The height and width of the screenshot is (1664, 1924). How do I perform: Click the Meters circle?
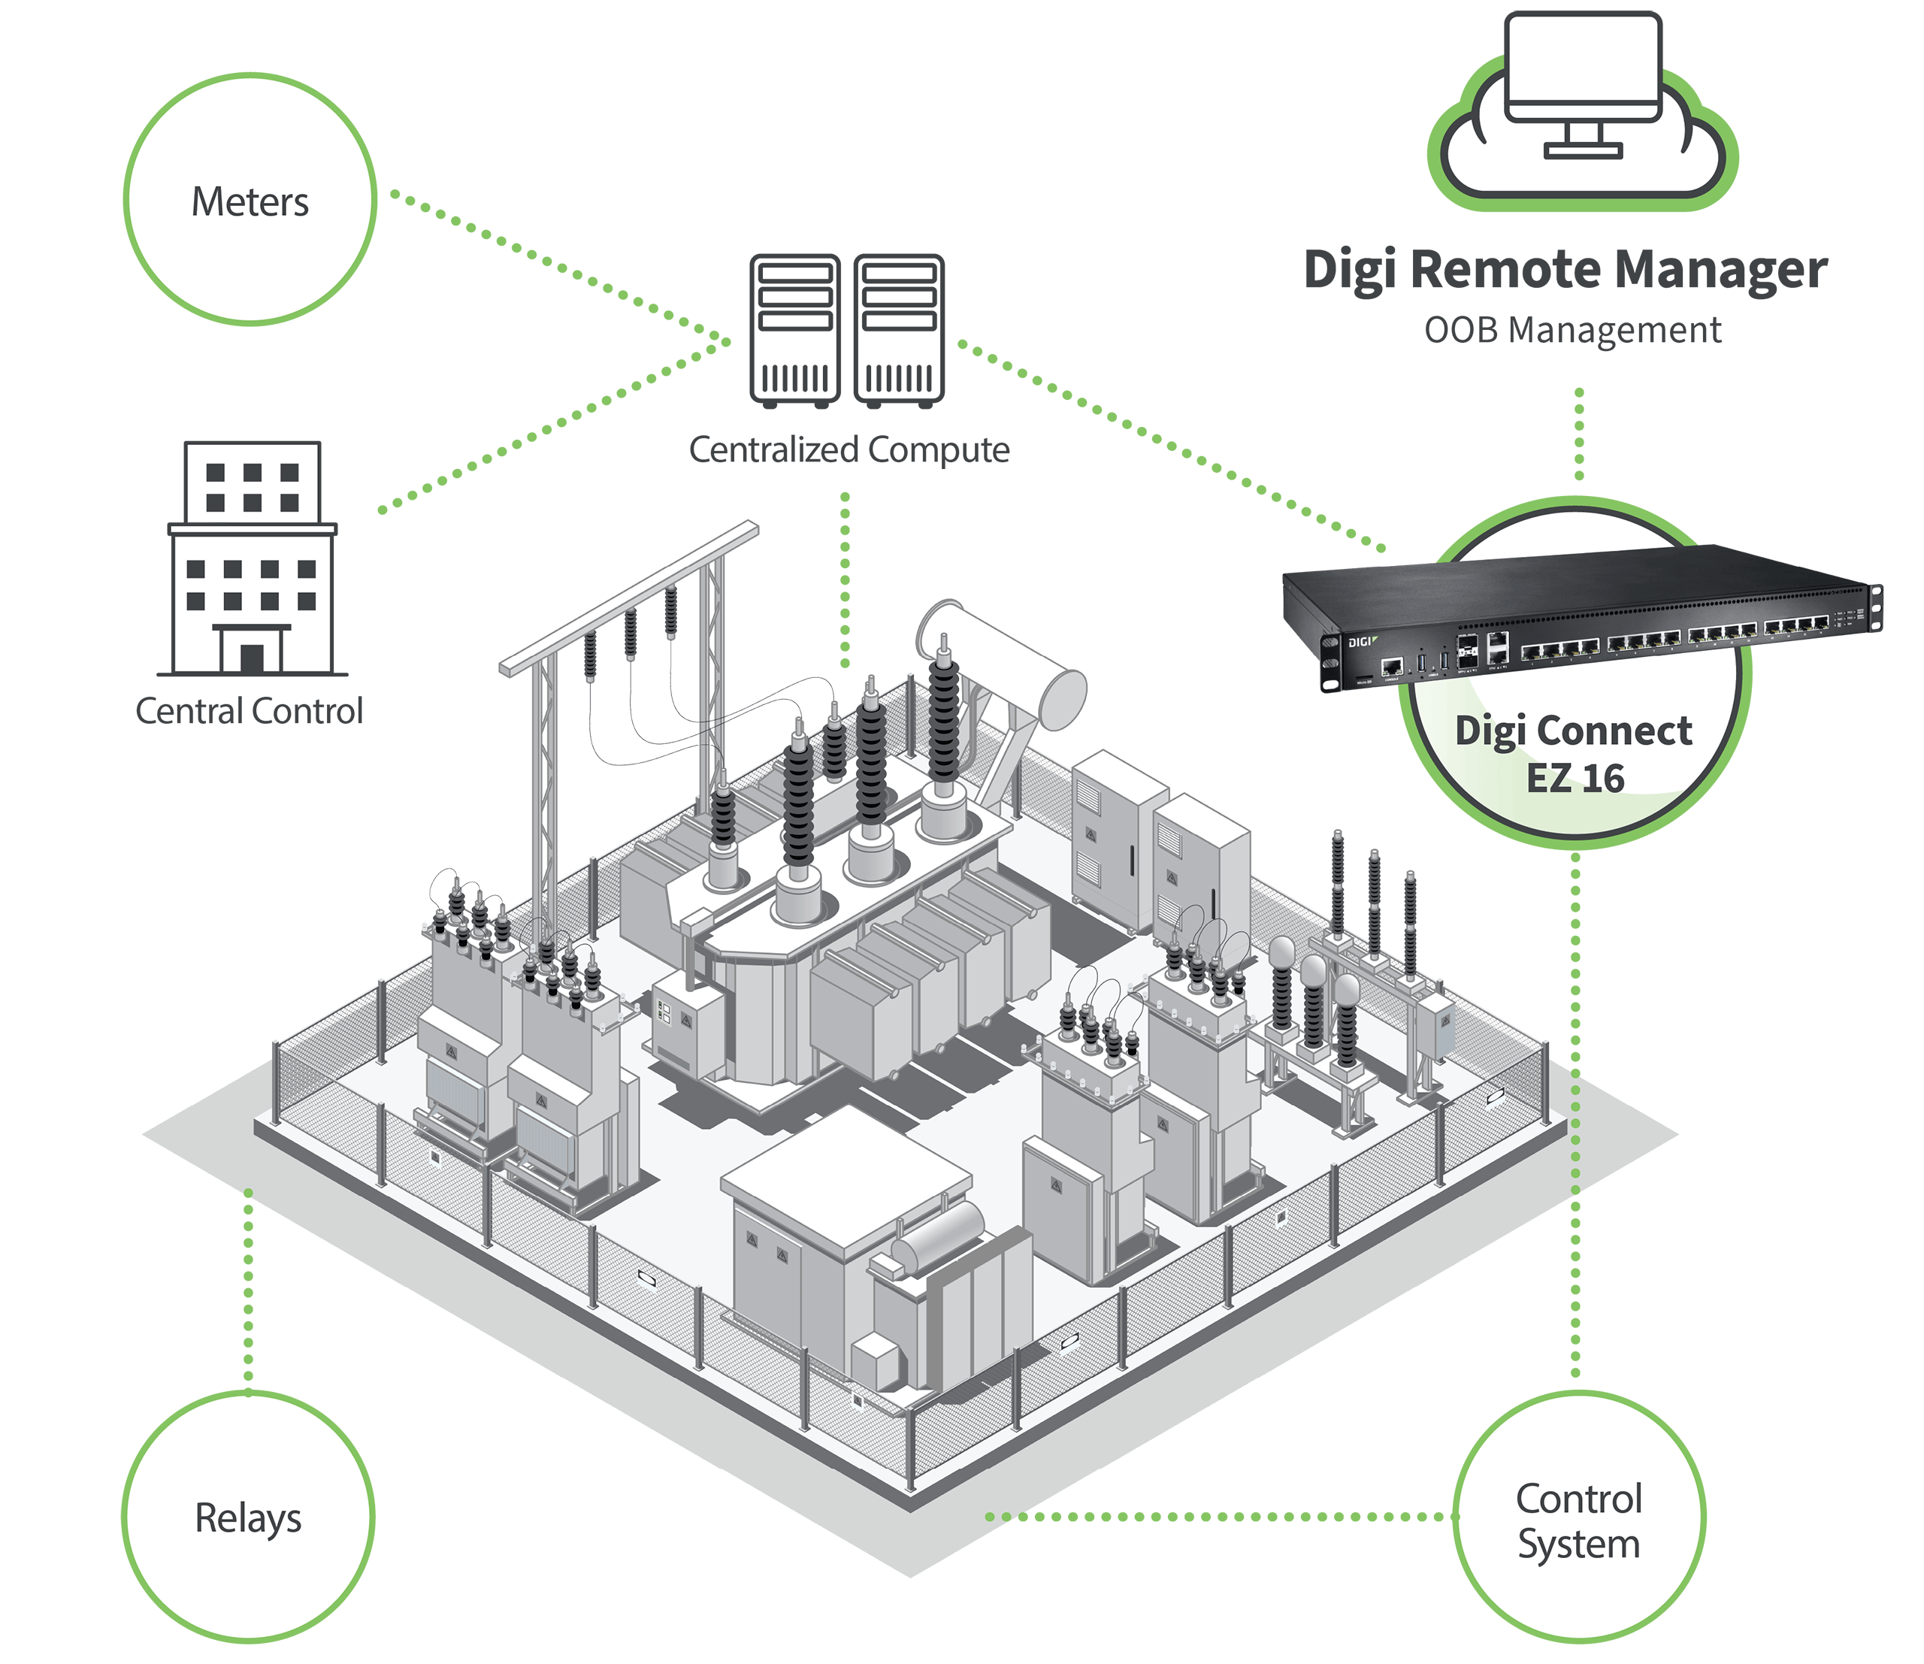250,200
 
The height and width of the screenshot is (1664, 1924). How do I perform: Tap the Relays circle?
248,1517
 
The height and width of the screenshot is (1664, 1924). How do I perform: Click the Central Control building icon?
252,557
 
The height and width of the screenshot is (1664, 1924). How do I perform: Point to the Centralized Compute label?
849,449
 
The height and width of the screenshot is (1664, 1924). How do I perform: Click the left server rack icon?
795,331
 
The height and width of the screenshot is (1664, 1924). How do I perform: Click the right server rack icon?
899,331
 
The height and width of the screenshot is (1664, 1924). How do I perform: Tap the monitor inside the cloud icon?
1582,70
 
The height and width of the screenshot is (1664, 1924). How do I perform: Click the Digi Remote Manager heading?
1566,271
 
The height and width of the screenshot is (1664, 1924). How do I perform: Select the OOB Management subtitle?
1573,331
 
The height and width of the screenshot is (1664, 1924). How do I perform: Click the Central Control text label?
249,711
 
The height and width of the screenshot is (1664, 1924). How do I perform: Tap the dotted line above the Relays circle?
248,1290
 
